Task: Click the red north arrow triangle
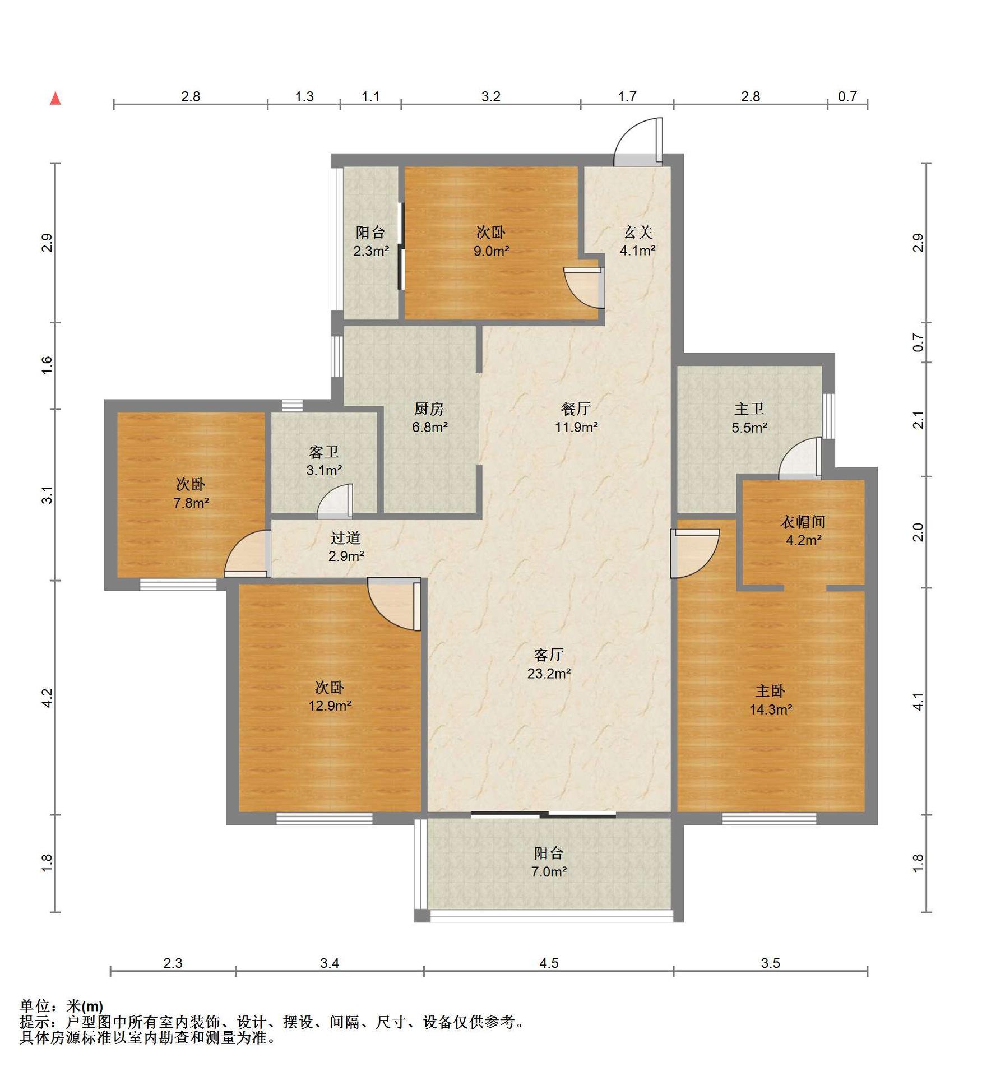pyautogui.click(x=55, y=99)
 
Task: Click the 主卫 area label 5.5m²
pyautogui.click(x=749, y=428)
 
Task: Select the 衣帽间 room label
pyautogui.click(x=803, y=522)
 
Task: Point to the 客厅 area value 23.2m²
pyautogui.click(x=549, y=674)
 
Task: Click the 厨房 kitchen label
pyautogui.click(x=429, y=409)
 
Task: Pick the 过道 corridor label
pyautogui.click(x=345, y=538)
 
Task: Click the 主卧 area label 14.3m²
pyautogui.click(x=771, y=709)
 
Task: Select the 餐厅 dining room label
pyautogui.click(x=576, y=409)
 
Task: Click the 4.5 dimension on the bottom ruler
pyautogui.click(x=549, y=963)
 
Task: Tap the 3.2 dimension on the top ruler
pyautogui.click(x=490, y=96)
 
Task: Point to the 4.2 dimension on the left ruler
pyautogui.click(x=47, y=698)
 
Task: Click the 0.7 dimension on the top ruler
pyautogui.click(x=847, y=96)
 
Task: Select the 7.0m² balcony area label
pyautogui.click(x=549, y=872)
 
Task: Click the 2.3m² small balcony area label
pyautogui.click(x=371, y=251)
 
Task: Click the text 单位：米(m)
pyautogui.click(x=62, y=1006)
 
